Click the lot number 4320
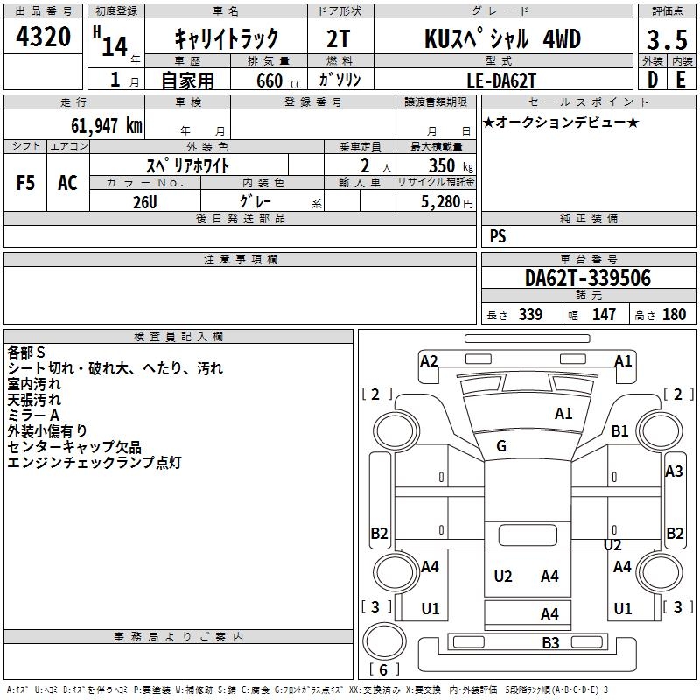click(43, 37)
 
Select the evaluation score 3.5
click(667, 39)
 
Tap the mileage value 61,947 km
click(107, 125)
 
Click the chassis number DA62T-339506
click(588, 278)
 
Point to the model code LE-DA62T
click(500, 80)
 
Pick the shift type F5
click(25, 183)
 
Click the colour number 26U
click(145, 202)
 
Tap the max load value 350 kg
click(451, 165)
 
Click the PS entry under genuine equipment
click(498, 235)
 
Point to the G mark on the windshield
click(501, 445)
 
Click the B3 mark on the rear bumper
click(550, 643)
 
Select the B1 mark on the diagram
click(619, 431)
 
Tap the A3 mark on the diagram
click(674, 472)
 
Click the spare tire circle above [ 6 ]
click(384, 640)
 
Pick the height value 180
click(674, 314)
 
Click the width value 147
click(604, 314)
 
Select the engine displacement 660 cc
click(278, 80)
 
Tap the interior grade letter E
click(681, 80)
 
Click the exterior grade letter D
click(653, 80)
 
